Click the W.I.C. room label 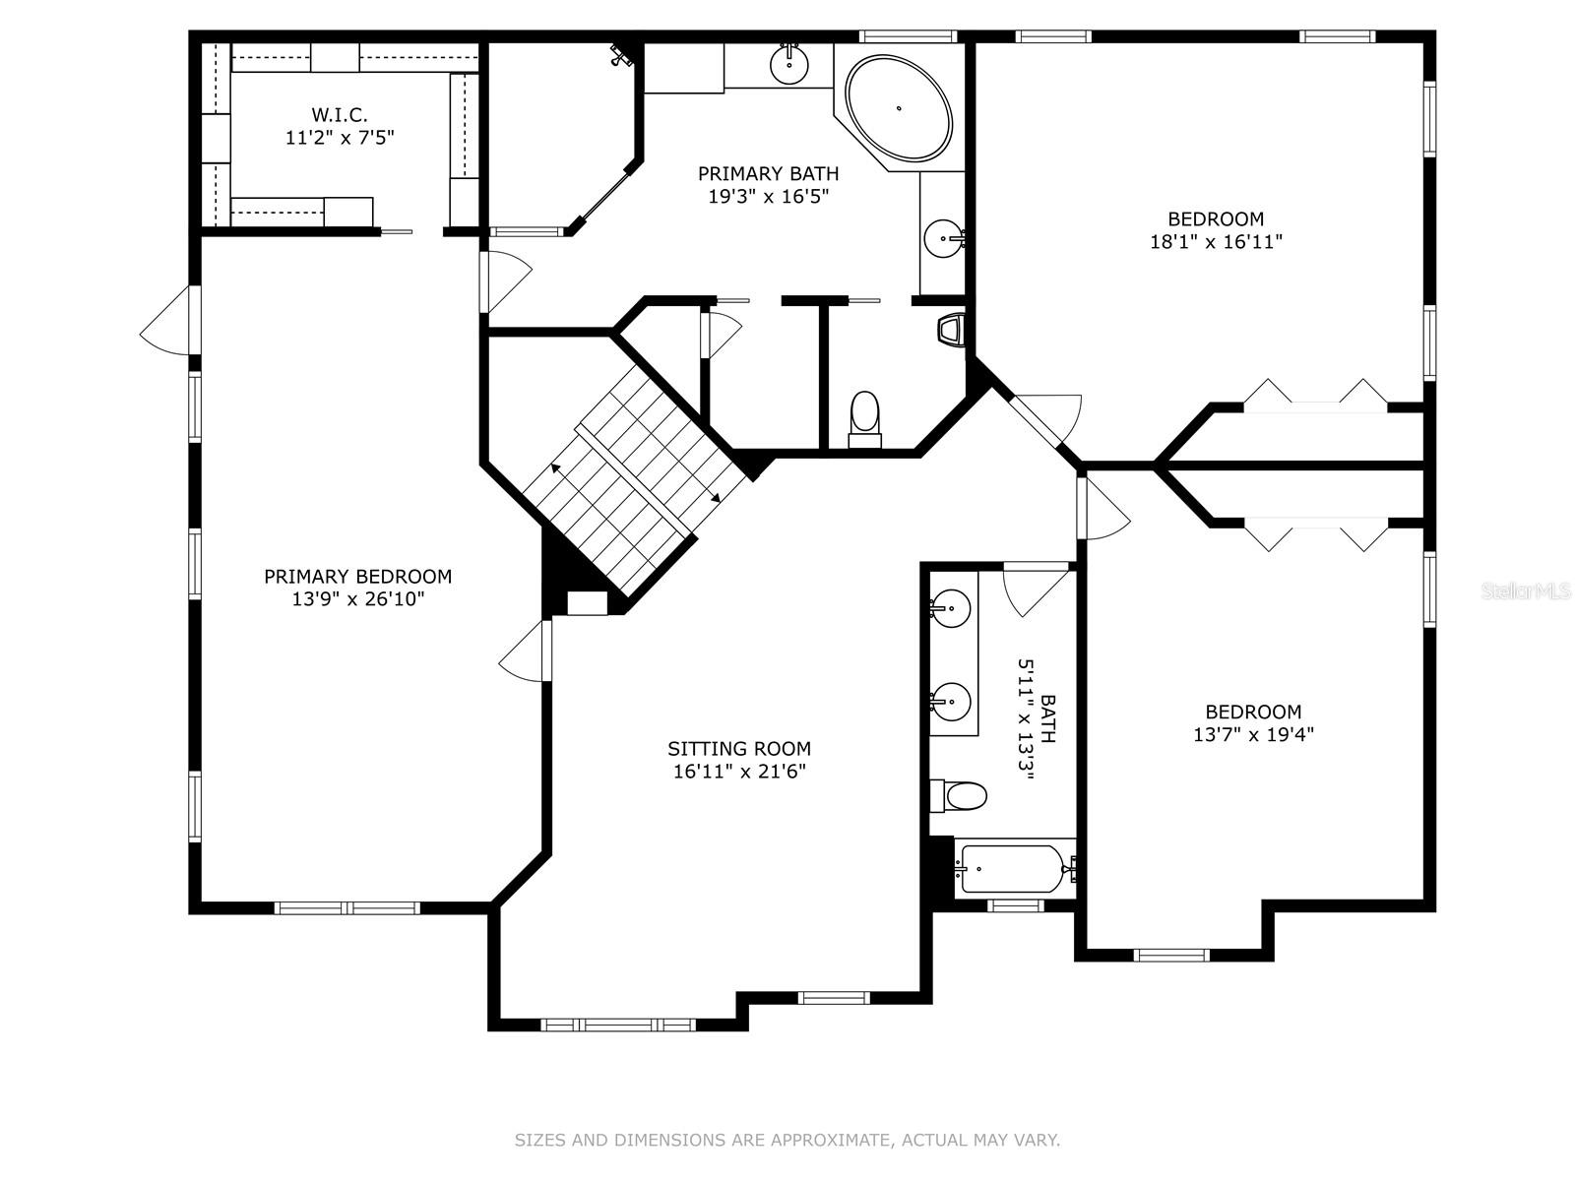coord(340,115)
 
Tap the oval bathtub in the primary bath coord(900,108)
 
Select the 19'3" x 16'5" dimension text coord(768,196)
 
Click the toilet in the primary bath coord(864,418)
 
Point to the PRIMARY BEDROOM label coord(357,577)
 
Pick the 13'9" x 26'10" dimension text coord(357,599)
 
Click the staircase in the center coord(630,482)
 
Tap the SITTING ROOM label coord(739,749)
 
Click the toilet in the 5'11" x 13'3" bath coord(960,795)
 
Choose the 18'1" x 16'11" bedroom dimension coord(1216,241)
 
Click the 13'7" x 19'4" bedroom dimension coord(1253,734)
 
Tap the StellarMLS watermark coord(1526,591)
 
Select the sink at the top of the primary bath coord(789,64)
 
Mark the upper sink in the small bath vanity coord(951,609)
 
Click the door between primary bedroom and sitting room coord(527,651)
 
